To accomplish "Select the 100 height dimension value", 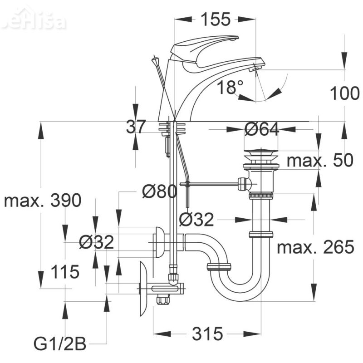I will tap(344, 93).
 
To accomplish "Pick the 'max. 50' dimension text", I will tap(320, 160).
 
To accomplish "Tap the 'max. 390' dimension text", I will tap(43, 200).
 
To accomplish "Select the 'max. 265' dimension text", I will tap(315, 247).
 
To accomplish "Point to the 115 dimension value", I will tap(65, 272).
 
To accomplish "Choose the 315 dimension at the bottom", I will tap(207, 334).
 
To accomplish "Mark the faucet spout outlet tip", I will tap(256, 68).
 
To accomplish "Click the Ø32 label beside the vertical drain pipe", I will tap(196, 220).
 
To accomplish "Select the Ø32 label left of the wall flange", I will tap(96, 243).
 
